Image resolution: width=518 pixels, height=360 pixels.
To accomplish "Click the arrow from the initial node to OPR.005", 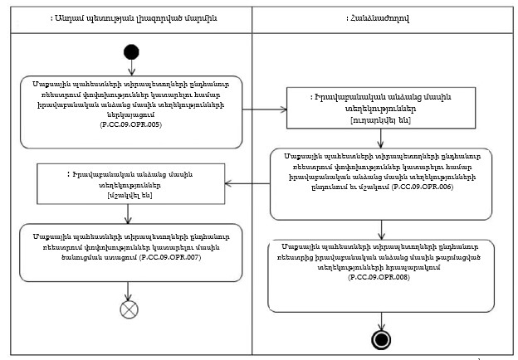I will coord(127,66).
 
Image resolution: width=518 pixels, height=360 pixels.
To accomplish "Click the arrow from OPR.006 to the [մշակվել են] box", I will coord(248,183).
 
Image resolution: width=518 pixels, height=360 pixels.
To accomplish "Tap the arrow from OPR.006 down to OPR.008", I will coord(381,228).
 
